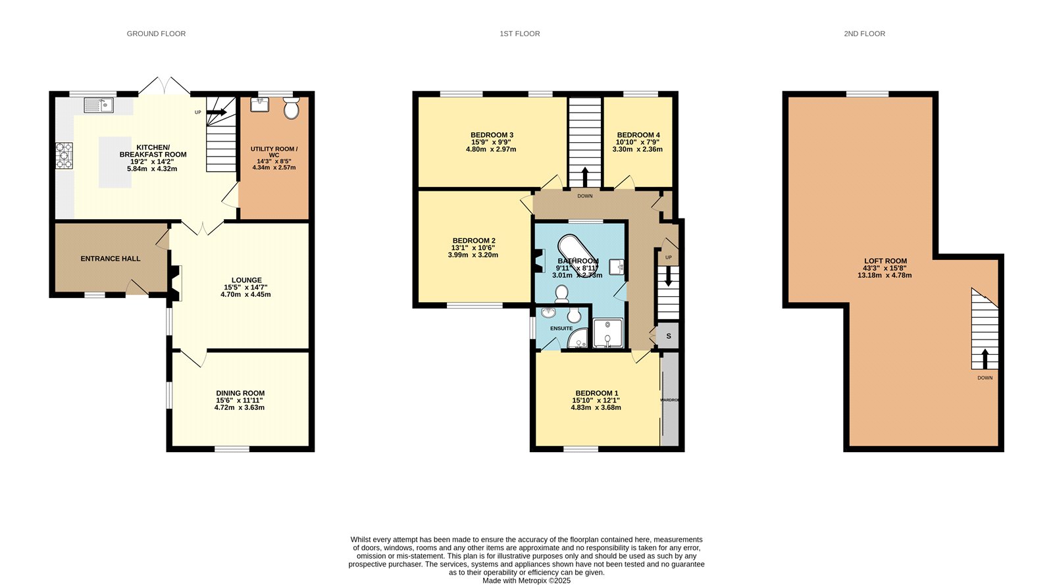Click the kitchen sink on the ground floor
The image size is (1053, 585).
pyautogui.click(x=99, y=105)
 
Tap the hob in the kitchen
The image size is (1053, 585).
pyautogui.click(x=64, y=155)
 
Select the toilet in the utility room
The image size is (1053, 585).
pyautogui.click(x=292, y=108)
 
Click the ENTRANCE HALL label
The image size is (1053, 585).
pyautogui.click(x=111, y=259)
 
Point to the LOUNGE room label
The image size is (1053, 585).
pyautogui.click(x=246, y=280)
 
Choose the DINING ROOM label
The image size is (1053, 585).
pyautogui.click(x=240, y=394)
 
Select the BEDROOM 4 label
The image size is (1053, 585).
pyautogui.click(x=638, y=135)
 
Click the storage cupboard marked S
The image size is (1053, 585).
pyautogui.click(x=669, y=336)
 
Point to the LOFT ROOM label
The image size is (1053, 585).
pyautogui.click(x=885, y=261)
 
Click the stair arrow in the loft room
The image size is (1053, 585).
pyautogui.click(x=985, y=359)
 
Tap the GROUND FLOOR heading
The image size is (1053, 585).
pyautogui.click(x=156, y=34)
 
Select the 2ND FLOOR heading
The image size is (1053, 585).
pyautogui.click(x=864, y=34)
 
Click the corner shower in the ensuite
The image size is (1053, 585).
pyautogui.click(x=578, y=338)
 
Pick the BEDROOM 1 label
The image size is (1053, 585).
pyautogui.click(x=596, y=394)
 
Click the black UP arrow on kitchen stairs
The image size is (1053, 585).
pyautogui.click(x=217, y=113)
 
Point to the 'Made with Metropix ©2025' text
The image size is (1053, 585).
pyautogui.click(x=526, y=581)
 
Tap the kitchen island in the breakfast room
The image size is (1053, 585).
pyautogui.click(x=115, y=162)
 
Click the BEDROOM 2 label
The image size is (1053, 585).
pyautogui.click(x=474, y=241)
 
